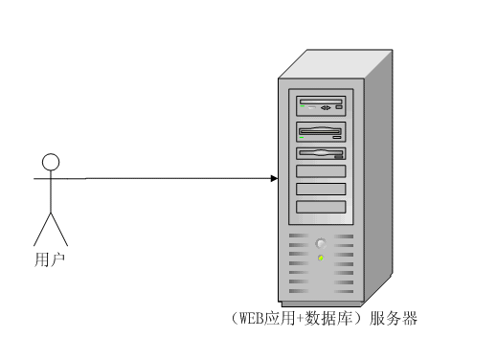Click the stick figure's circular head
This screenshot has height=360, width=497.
pyautogui.click(x=51, y=162)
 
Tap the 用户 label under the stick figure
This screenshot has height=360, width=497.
pyautogui.click(x=50, y=259)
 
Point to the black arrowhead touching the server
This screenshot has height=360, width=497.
pyautogui.click(x=274, y=178)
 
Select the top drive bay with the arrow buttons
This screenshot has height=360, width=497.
pyautogui.click(x=321, y=106)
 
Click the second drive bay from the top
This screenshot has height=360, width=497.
pyautogui.click(x=321, y=132)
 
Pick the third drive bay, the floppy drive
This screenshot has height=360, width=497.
pyautogui.click(x=321, y=153)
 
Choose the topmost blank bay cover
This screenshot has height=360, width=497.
pyautogui.click(x=321, y=171)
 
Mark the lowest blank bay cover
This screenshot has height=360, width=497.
pyautogui.click(x=321, y=207)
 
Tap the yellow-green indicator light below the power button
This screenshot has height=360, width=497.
pyautogui.click(x=321, y=258)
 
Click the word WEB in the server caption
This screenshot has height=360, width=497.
pyautogui.click(x=252, y=318)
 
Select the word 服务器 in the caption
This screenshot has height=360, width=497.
pyautogui.click(x=394, y=318)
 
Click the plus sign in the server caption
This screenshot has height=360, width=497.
pyautogui.click(x=300, y=319)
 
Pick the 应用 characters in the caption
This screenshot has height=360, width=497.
pyautogui.click(x=280, y=318)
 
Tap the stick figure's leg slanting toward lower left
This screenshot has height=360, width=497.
pyautogui.click(x=42, y=230)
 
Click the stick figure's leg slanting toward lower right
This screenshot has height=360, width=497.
pyautogui.click(x=59, y=230)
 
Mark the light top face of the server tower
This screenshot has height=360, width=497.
pyautogui.click(x=335, y=64)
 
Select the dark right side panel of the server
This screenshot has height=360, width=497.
pyautogui.click(x=378, y=175)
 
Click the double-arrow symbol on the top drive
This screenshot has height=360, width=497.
pyautogui.click(x=326, y=108)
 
